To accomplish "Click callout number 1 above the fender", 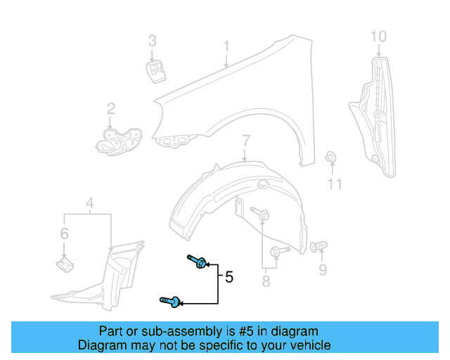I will tap(226, 46).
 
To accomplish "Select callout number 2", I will tap(111, 108).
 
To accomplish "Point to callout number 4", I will tap(89, 205).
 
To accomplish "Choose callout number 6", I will tap(64, 233).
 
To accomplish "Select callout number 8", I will tap(266, 281).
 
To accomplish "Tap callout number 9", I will tap(323, 269).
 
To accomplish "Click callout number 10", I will tap(378, 35).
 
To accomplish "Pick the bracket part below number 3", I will tap(155, 71).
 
